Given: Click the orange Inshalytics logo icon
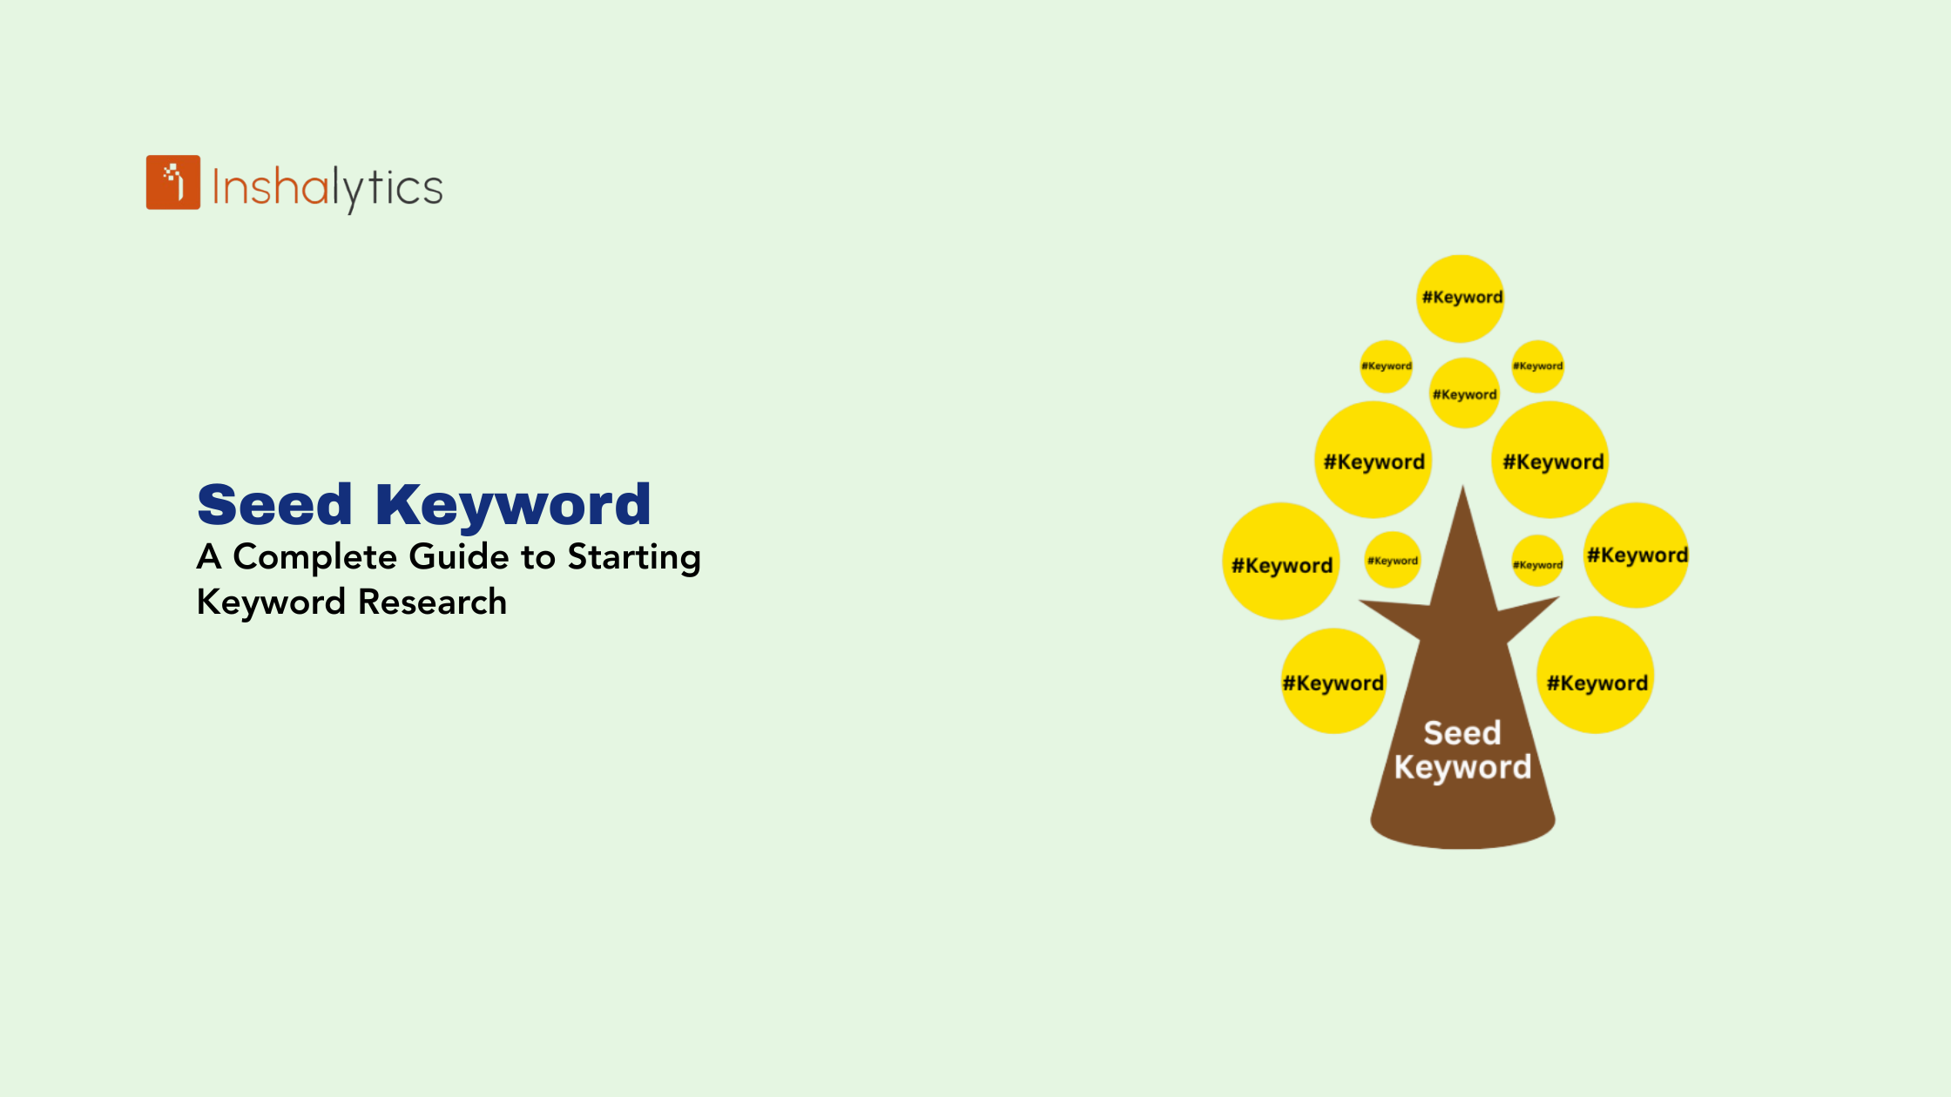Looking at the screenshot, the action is tap(173, 182).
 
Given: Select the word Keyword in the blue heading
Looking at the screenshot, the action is tap(513, 505).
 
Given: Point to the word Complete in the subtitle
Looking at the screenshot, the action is tap(315, 558).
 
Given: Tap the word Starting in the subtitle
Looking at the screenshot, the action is tap(634, 558).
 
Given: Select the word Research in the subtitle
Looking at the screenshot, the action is tap(433, 602).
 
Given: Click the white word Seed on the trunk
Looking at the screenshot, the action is tap(1462, 733).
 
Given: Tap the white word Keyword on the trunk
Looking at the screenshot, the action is tap(1462, 767).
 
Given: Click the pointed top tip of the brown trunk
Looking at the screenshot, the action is tap(1463, 486).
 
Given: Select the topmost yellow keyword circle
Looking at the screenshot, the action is tap(1461, 299).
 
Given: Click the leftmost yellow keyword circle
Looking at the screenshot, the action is tap(1281, 562).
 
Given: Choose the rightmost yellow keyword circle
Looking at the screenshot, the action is tap(1636, 555).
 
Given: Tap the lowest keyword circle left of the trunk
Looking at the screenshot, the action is tap(1333, 681).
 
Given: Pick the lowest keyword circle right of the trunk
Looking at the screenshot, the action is tap(1596, 676).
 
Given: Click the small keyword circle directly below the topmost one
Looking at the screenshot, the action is tap(1465, 393).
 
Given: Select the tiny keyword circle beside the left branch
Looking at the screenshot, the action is tap(1393, 560).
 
